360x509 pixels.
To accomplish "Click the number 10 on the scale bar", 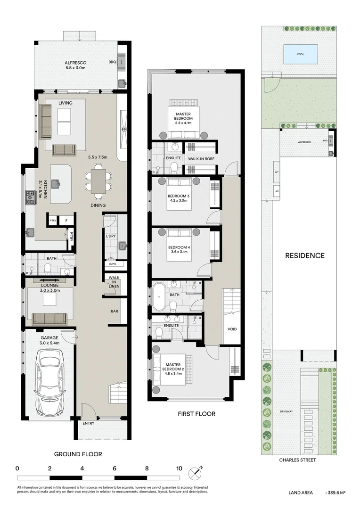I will point(179,468).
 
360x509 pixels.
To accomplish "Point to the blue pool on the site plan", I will point(300,54).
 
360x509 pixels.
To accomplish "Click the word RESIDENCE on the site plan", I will point(305,256).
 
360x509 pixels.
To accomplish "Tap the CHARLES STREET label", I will point(297,460).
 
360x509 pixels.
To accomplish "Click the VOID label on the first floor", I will point(232,329).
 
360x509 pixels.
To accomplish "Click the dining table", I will point(98,181).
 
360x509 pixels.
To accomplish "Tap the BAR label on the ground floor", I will point(114,312).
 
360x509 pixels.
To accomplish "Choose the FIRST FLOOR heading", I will point(196,414).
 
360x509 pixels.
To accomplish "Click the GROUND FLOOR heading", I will point(78,454).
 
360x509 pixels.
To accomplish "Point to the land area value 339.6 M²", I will point(335,493).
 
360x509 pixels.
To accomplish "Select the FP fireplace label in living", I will point(124,129).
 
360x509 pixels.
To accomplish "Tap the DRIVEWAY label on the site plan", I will point(286,411).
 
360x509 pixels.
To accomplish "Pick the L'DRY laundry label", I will point(111,236).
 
